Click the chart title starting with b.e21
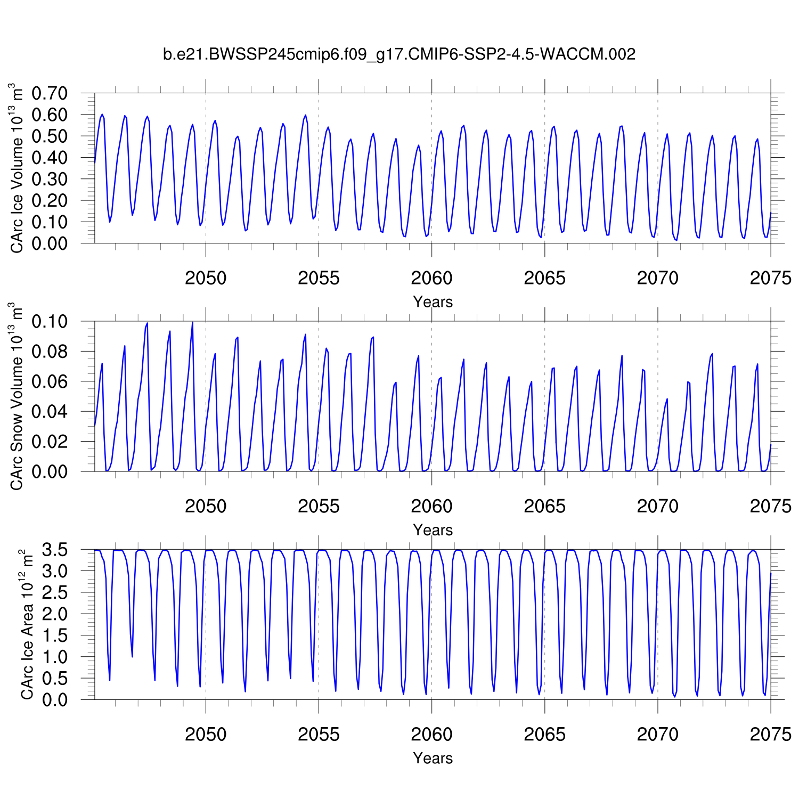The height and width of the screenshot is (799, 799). coord(399,54)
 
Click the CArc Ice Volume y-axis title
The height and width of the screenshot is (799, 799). coord(18,168)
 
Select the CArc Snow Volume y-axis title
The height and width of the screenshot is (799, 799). coord(18,396)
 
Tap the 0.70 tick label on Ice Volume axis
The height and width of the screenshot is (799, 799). coord(50,93)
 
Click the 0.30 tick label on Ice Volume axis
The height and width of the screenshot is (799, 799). coord(50,179)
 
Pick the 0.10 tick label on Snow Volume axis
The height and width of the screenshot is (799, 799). coord(50,322)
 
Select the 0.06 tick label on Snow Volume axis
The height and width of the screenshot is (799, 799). coord(50,381)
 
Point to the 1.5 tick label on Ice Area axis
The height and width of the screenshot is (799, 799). coord(54,635)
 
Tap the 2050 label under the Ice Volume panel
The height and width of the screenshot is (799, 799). coord(206,278)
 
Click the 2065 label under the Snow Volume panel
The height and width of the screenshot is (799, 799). coord(544,506)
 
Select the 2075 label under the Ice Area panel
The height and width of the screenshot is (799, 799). coord(770,735)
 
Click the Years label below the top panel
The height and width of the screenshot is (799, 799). coord(433,302)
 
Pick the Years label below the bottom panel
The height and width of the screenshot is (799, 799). coord(433,758)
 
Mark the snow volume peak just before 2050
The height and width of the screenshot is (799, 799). coord(192,322)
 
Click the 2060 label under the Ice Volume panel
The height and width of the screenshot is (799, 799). coord(431,278)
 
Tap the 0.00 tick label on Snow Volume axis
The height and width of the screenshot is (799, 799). coord(50,471)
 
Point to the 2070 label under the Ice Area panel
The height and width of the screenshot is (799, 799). coord(657,735)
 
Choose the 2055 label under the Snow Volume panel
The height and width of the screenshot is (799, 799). coord(319,506)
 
